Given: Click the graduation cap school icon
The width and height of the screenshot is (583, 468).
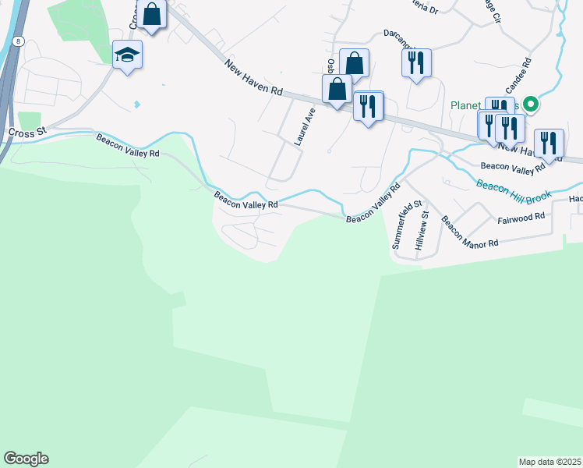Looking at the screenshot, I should pyautogui.click(x=127, y=55).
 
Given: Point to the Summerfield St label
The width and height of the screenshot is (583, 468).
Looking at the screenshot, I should pyautogui.click(x=401, y=227).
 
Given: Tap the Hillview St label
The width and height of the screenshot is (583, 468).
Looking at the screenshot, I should pyautogui.click(x=422, y=230).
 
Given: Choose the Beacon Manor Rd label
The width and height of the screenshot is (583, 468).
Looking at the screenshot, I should pyautogui.click(x=469, y=232).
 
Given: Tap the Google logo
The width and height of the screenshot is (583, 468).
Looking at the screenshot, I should pyautogui.click(x=26, y=459).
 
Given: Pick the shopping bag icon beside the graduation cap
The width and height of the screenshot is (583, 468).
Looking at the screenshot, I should pyautogui.click(x=151, y=15).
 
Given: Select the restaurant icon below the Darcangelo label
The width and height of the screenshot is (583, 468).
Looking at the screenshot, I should pyautogui.click(x=416, y=62).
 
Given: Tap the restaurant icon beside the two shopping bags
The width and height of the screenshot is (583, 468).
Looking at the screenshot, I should pyautogui.click(x=369, y=105).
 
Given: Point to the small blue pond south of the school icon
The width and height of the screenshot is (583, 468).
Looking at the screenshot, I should pyautogui.click(x=138, y=104).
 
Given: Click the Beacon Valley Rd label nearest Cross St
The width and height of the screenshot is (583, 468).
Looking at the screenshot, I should pyautogui.click(x=128, y=146).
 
